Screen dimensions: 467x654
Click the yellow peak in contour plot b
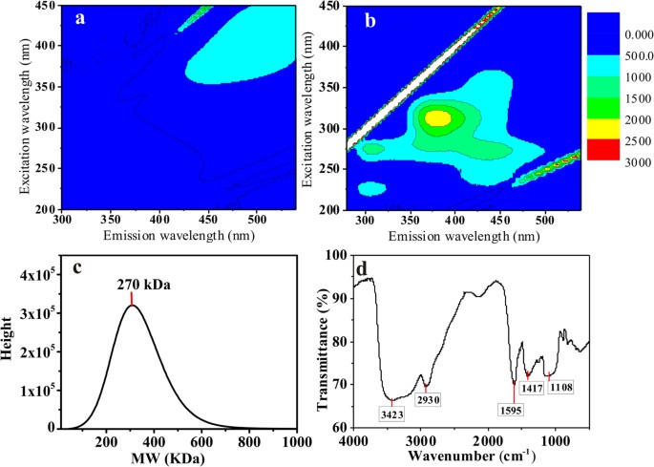point(438,118)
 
